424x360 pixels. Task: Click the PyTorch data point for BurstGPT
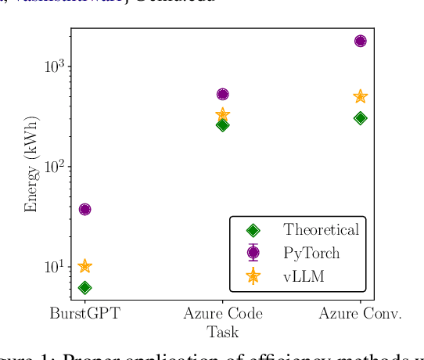(84, 209)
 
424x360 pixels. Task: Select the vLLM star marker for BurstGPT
(84, 267)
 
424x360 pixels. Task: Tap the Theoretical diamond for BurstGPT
(84, 288)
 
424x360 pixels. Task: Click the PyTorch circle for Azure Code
(222, 95)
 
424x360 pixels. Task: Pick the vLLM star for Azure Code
(222, 115)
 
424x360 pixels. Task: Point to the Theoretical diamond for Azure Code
(222, 124)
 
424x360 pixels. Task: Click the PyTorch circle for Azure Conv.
(360, 41)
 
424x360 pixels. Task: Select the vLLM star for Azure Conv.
(360, 96)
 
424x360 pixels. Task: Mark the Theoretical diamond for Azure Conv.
(360, 118)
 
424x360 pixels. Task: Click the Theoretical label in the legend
(321, 230)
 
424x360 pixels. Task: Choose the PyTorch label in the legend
(311, 253)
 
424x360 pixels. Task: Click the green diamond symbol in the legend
(253, 230)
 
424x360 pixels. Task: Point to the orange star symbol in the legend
(253, 275)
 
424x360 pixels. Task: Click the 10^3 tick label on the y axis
(54, 67)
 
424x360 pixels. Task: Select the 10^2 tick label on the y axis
(54, 167)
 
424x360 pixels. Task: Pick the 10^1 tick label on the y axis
(54, 267)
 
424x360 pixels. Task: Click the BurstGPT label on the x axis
(84, 314)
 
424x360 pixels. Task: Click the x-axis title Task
(222, 332)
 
